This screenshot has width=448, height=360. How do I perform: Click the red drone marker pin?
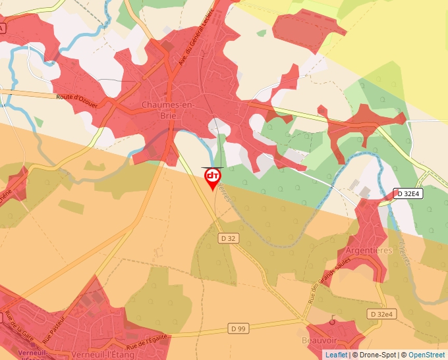pos(212,177)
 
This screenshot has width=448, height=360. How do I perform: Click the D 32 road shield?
pos(228,238)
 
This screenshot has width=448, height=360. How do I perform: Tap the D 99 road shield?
pos(238,328)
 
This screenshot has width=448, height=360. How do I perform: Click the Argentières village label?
pos(369,251)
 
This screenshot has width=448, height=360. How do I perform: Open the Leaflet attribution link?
pos(336,355)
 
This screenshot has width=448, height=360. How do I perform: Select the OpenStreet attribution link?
pos(426,355)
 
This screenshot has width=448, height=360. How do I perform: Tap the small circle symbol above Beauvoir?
pos(333,322)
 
